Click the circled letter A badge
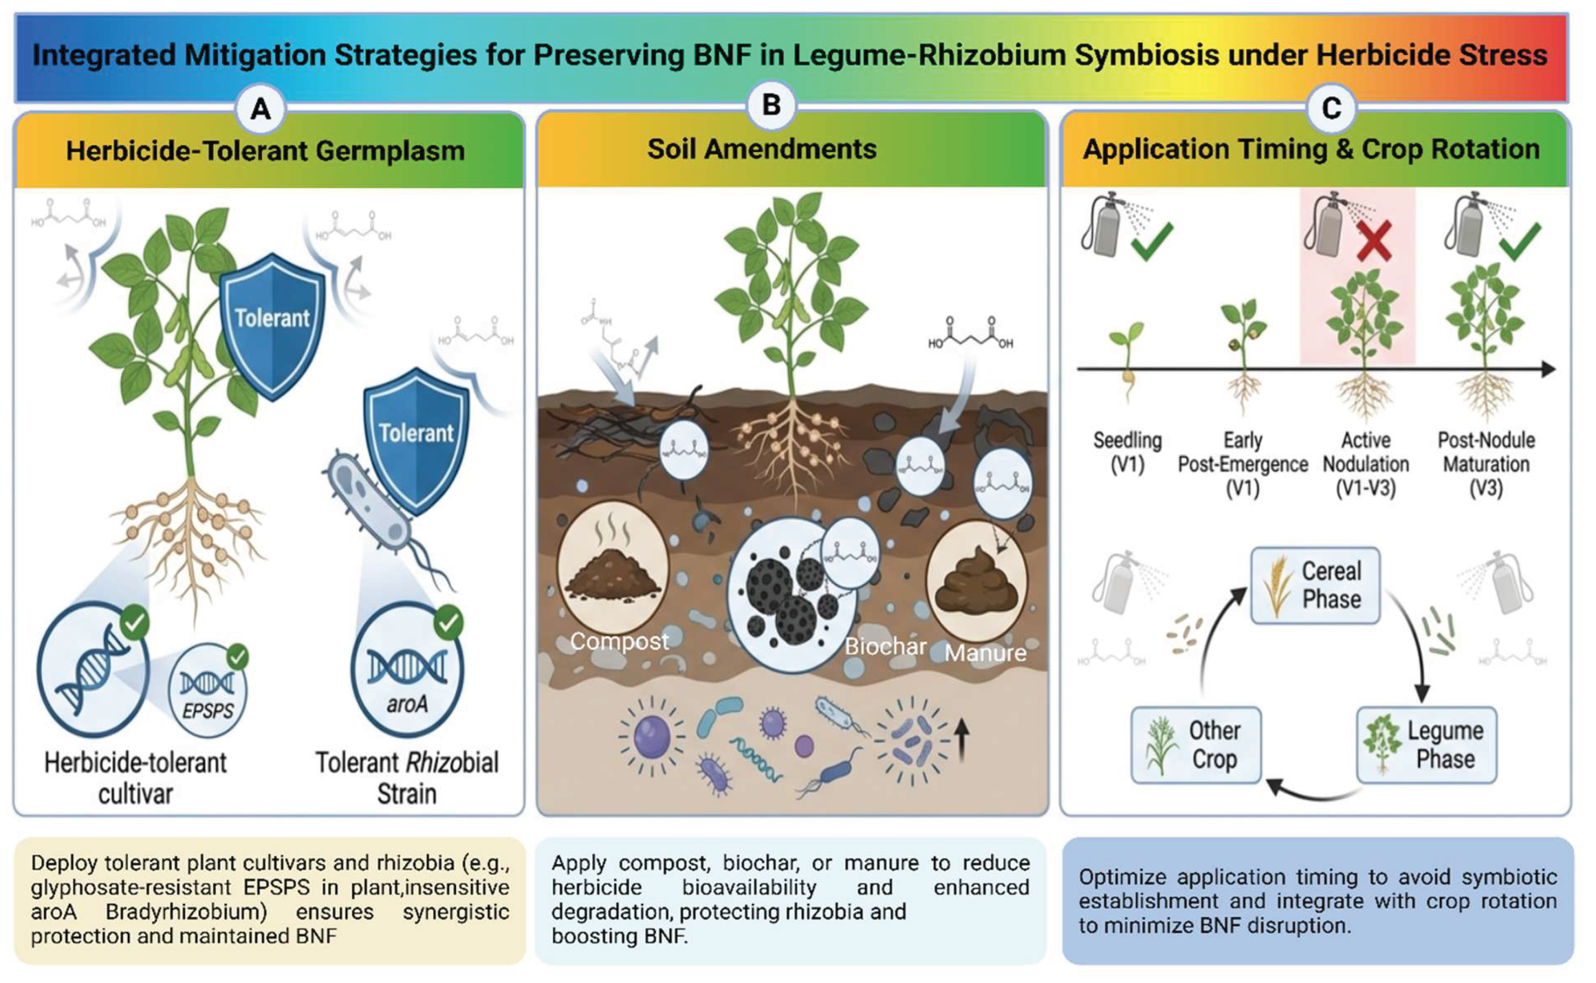click(x=261, y=108)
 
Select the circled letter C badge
click(x=1331, y=108)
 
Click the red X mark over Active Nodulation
click(x=1374, y=241)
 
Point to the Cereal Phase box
click(x=1315, y=586)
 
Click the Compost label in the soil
click(x=619, y=642)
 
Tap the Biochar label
click(x=885, y=646)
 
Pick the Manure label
click(x=985, y=652)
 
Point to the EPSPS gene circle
click(x=208, y=690)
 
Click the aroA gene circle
click(x=407, y=670)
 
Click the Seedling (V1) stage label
click(x=1127, y=452)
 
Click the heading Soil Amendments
click(x=762, y=149)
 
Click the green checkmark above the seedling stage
click(x=1151, y=241)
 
